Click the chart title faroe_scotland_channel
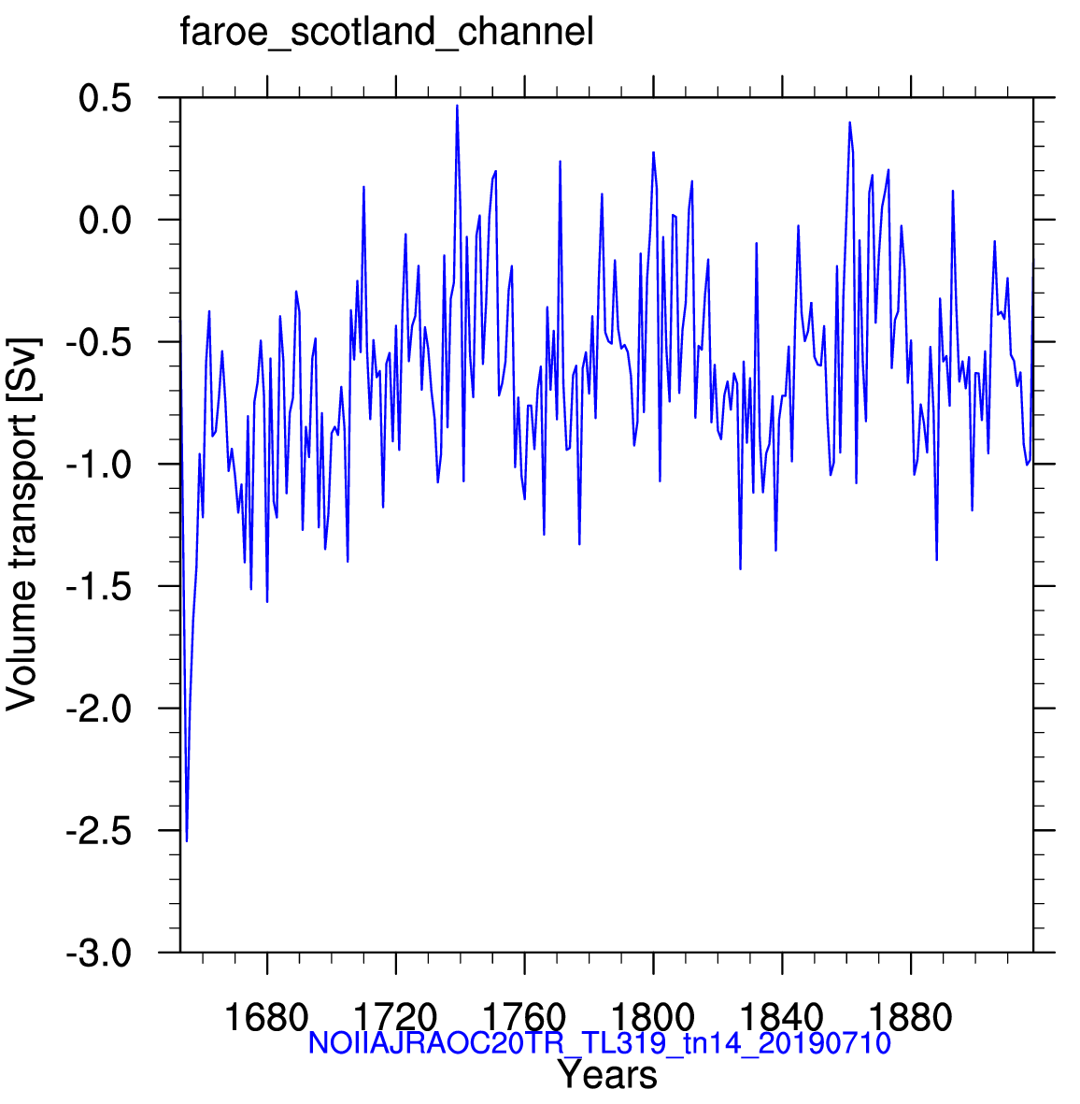coord(387,33)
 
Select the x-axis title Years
coord(607,1075)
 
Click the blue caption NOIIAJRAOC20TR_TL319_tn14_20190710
coord(600,1042)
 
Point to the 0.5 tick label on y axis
coord(105,98)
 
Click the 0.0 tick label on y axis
coord(105,221)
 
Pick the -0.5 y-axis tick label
coord(98,343)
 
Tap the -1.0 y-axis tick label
coord(98,465)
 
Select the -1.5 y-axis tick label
coord(98,586)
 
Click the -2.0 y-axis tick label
coord(98,709)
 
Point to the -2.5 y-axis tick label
coord(98,831)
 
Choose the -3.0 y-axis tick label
coord(98,953)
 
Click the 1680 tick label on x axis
coord(266,1017)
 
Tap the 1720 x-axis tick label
coord(395,1017)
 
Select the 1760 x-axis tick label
coord(524,1017)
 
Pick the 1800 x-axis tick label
coord(653,1017)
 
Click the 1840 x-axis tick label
coord(782,1017)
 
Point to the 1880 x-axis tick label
coord(911,1017)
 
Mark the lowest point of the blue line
coord(187,840)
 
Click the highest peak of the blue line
coord(457,107)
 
